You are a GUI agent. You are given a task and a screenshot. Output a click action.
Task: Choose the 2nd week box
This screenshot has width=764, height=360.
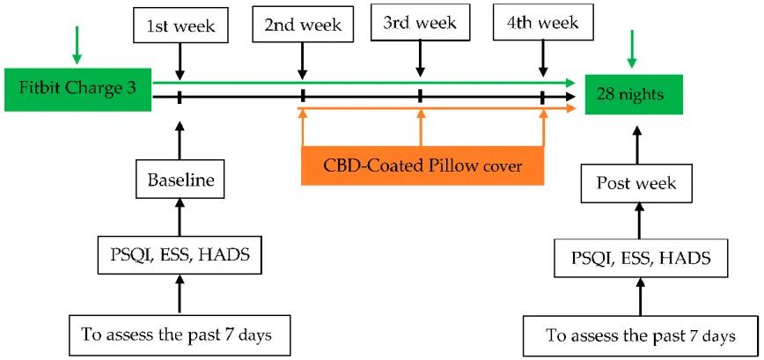pos(302,25)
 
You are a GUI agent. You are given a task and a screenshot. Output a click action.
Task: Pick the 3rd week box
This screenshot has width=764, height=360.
pos(420,23)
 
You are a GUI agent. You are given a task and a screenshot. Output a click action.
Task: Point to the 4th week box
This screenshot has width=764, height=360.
pos(543,25)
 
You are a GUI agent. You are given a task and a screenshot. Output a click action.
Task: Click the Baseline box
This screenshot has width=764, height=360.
pos(179,183)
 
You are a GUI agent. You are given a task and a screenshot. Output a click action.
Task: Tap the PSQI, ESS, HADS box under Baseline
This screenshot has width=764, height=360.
pos(180,257)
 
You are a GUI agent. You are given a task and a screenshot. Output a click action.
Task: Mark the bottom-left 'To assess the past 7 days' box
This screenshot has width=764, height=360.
pos(180,334)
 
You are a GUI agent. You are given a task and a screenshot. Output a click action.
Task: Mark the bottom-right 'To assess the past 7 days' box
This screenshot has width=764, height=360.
pos(640,336)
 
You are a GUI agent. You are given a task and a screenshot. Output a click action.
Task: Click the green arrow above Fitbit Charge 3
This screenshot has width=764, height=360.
pos(77,47)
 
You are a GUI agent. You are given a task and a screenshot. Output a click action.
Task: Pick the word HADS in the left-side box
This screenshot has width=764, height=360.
pos(225,257)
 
